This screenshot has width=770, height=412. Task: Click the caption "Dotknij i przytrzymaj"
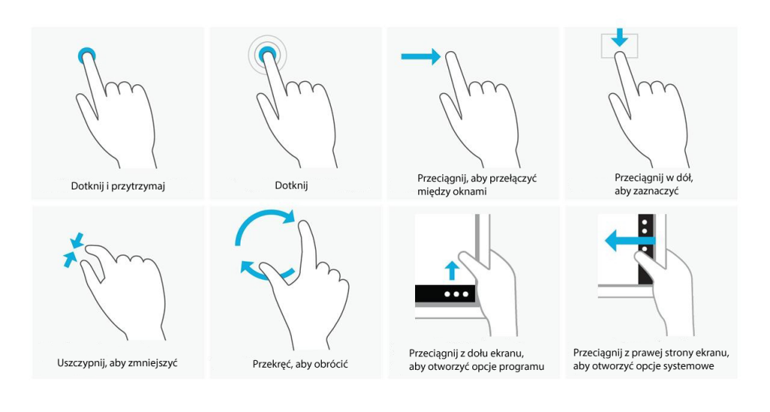[118, 186]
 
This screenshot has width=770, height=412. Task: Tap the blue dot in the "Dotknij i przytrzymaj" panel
[87, 56]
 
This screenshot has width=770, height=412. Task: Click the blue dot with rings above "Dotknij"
[267, 55]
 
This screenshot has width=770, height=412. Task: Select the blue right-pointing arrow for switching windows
[421, 56]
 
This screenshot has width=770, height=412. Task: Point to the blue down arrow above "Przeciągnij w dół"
[620, 38]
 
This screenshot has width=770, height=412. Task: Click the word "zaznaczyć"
[653, 191]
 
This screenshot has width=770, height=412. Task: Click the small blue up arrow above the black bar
[452, 271]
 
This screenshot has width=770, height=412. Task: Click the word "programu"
[522, 367]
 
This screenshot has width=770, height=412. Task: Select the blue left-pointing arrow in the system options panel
[629, 241]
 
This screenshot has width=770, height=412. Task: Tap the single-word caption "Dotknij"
[291, 186]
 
